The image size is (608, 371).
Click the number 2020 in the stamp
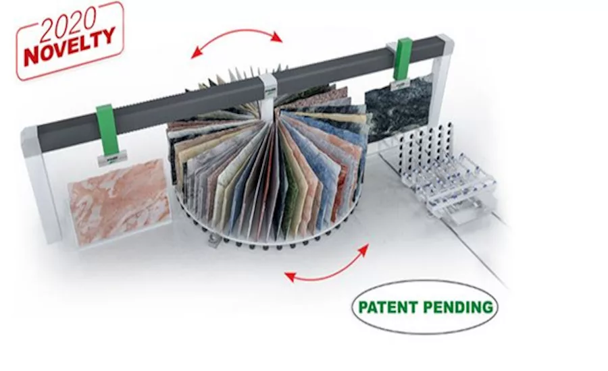(x=68, y=24)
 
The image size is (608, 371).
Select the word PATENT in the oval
(x=387, y=307)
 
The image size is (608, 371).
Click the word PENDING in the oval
(x=458, y=307)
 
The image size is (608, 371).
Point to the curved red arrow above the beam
(x=236, y=33)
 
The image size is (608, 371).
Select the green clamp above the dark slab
(x=402, y=59)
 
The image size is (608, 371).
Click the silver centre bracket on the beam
(x=268, y=91)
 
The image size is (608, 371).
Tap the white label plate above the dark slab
(x=401, y=84)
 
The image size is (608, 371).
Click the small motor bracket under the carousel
(x=213, y=241)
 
